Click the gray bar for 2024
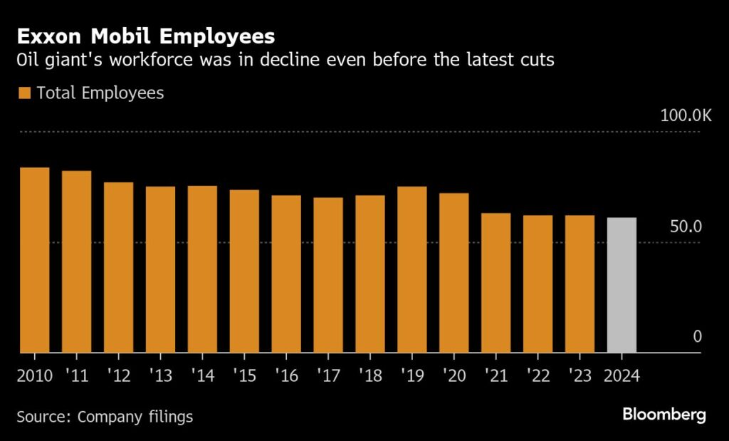click(622, 285)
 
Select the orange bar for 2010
click(34, 260)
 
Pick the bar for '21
click(495, 283)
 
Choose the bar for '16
click(286, 274)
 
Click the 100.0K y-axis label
click(686, 115)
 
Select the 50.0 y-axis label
click(686, 227)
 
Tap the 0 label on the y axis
click(698, 336)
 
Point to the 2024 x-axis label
click(622, 375)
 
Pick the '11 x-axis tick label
click(77, 375)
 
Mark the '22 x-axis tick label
click(537, 375)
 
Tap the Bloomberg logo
click(664, 415)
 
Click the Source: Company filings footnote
click(105, 417)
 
